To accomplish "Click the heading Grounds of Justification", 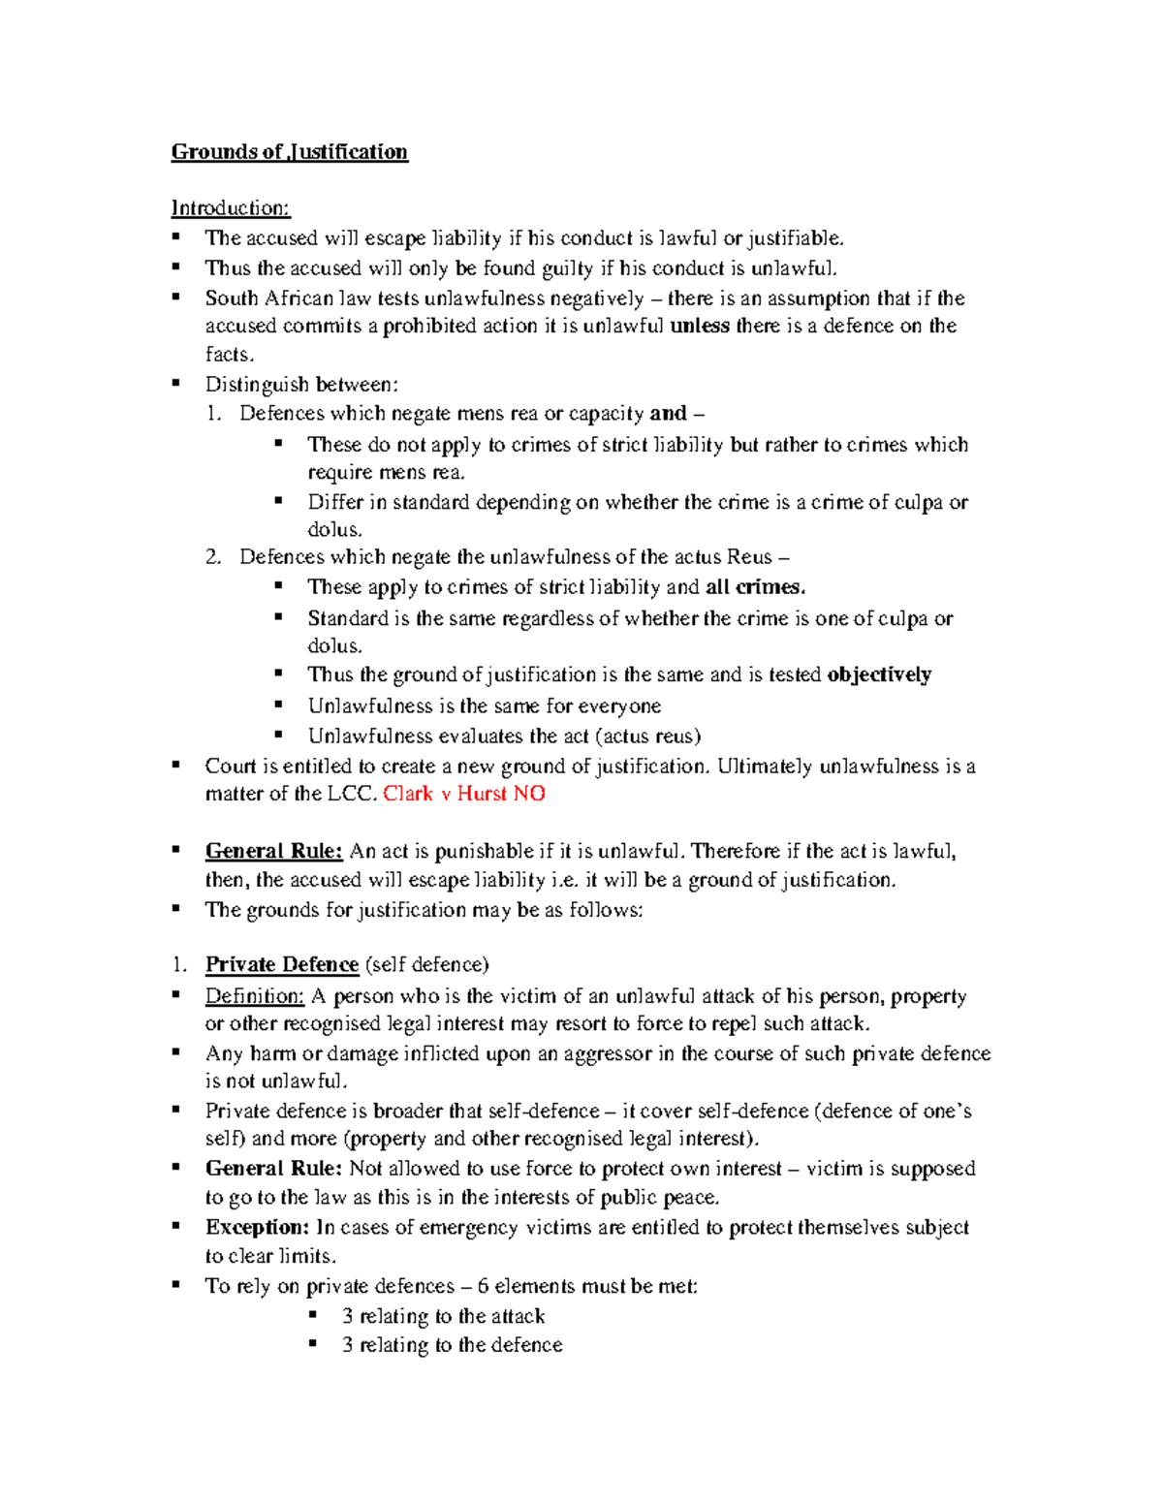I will pos(289,152).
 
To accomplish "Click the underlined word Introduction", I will pos(230,208).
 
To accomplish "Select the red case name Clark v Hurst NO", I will pos(463,794).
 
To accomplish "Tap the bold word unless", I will pos(699,327).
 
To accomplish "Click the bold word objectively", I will pos(878,674).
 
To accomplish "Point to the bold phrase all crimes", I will pos(755,587).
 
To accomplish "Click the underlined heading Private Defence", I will pos(281,965).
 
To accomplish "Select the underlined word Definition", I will pos(254,996).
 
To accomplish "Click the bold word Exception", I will pos(257,1228).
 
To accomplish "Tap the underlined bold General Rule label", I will pos(273,852).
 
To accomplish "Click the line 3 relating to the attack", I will pos(443,1316).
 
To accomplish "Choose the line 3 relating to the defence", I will pos(452,1345).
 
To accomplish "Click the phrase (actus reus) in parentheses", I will pos(647,737).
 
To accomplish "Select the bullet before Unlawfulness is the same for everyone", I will pos(279,705).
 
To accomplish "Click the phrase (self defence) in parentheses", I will pos(426,965).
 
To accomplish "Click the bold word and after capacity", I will pos(668,414).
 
